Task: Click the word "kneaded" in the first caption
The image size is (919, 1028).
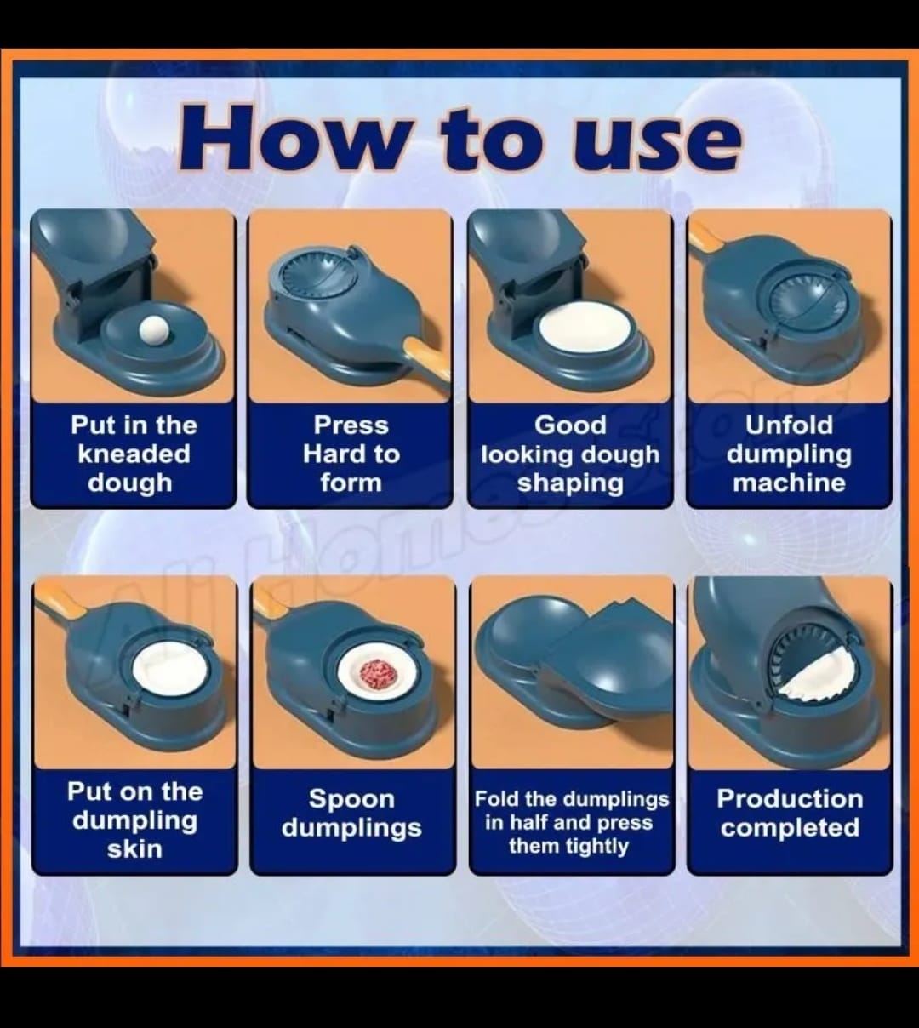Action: [134, 454]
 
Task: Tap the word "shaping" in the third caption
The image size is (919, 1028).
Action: [570, 483]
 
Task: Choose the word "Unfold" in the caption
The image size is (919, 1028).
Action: [789, 425]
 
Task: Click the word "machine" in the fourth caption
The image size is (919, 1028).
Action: [789, 483]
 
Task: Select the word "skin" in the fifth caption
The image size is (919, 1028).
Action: [134, 850]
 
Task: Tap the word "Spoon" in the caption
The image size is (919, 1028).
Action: [351, 799]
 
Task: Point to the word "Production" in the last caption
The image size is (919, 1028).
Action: [791, 798]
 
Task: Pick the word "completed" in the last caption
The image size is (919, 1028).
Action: [791, 828]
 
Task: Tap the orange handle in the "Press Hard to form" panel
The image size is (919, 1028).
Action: [427, 359]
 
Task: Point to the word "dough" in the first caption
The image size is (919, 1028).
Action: [130, 483]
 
